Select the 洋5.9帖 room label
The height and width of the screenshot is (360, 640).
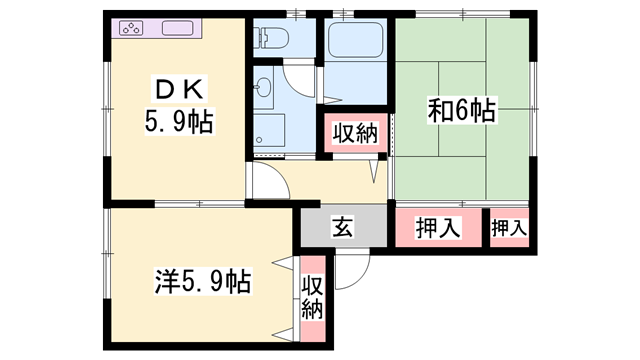click(204, 281)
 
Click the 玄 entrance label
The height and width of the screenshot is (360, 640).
click(343, 227)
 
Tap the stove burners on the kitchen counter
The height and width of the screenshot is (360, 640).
click(132, 28)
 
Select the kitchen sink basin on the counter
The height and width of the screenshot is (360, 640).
click(180, 28)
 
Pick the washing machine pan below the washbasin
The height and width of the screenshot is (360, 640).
click(268, 130)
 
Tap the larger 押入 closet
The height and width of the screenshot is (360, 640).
click(438, 227)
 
